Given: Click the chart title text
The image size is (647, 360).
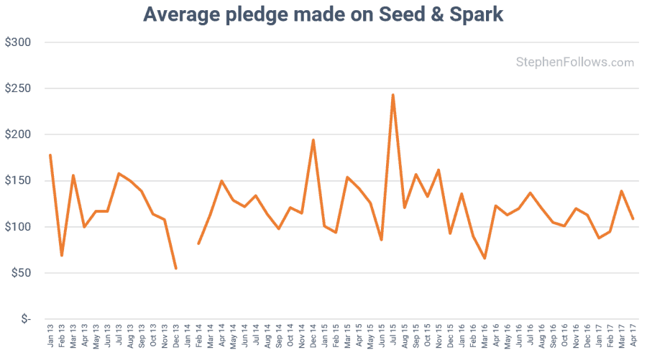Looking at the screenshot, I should click(323, 14).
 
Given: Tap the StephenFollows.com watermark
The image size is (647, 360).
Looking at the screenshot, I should click(574, 63).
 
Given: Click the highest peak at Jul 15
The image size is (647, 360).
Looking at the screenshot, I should click(393, 95).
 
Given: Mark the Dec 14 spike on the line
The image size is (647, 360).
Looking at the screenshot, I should click(313, 140).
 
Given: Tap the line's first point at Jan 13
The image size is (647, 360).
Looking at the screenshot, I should click(50, 155).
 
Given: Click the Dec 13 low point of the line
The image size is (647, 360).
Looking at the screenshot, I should click(176, 268).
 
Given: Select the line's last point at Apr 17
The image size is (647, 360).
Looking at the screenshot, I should click(633, 218).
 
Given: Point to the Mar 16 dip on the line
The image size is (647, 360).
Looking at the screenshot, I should click(485, 258).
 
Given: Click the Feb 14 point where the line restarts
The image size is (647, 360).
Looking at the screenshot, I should click(199, 243).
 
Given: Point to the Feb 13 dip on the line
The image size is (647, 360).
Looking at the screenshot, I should click(62, 255).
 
